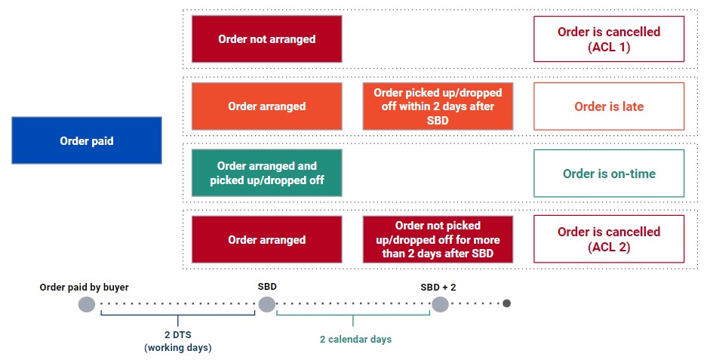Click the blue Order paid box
click(87, 140)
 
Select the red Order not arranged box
click(266, 39)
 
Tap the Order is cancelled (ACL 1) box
click(608, 39)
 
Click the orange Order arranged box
click(266, 106)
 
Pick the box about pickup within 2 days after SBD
click(438, 106)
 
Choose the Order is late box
click(608, 106)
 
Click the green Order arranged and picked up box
click(266, 173)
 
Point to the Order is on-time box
click(608, 174)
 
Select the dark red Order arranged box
click(266, 240)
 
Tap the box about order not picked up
click(438, 240)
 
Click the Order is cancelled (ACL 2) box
click(608, 239)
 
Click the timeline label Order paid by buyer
click(85, 288)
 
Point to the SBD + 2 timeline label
click(439, 288)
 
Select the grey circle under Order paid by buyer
click(87, 304)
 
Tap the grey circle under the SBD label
click(267, 304)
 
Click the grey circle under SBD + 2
click(440, 304)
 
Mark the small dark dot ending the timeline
click(507, 304)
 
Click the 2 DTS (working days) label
click(177, 340)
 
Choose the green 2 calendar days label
click(354, 340)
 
